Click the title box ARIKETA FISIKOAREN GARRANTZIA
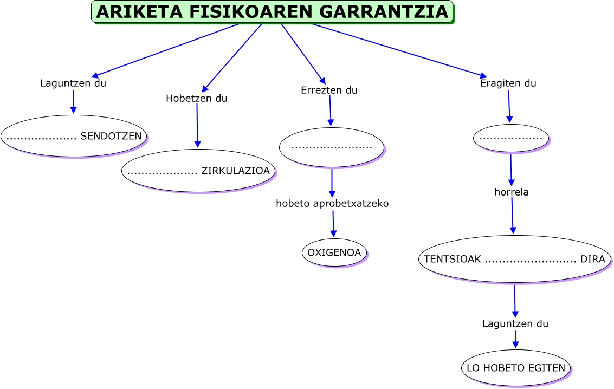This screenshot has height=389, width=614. coord(272,12)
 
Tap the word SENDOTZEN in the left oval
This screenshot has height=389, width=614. coord(111,136)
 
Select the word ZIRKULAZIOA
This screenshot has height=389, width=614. coord(235,171)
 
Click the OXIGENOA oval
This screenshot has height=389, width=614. coord(334,252)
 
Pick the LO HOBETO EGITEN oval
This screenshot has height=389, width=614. coord(515,368)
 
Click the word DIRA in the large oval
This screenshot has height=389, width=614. coord(592,259)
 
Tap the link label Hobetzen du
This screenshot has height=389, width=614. coord(197,99)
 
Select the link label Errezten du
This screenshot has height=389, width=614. coord(329,90)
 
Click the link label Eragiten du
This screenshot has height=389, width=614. coord(508,83)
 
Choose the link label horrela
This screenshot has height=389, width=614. coord(511,192)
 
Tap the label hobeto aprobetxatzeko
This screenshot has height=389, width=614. coord(332,204)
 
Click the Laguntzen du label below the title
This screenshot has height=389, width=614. coord(73,83)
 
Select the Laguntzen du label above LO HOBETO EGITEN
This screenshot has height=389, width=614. coord(515,324)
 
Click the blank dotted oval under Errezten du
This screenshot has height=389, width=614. coord(331,147)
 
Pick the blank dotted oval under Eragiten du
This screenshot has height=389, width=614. coord(511,138)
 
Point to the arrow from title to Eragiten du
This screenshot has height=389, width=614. coord(399,50)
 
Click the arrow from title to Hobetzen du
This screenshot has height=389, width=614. coord(232,58)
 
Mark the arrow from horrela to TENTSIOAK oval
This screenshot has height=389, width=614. coord(512,216)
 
